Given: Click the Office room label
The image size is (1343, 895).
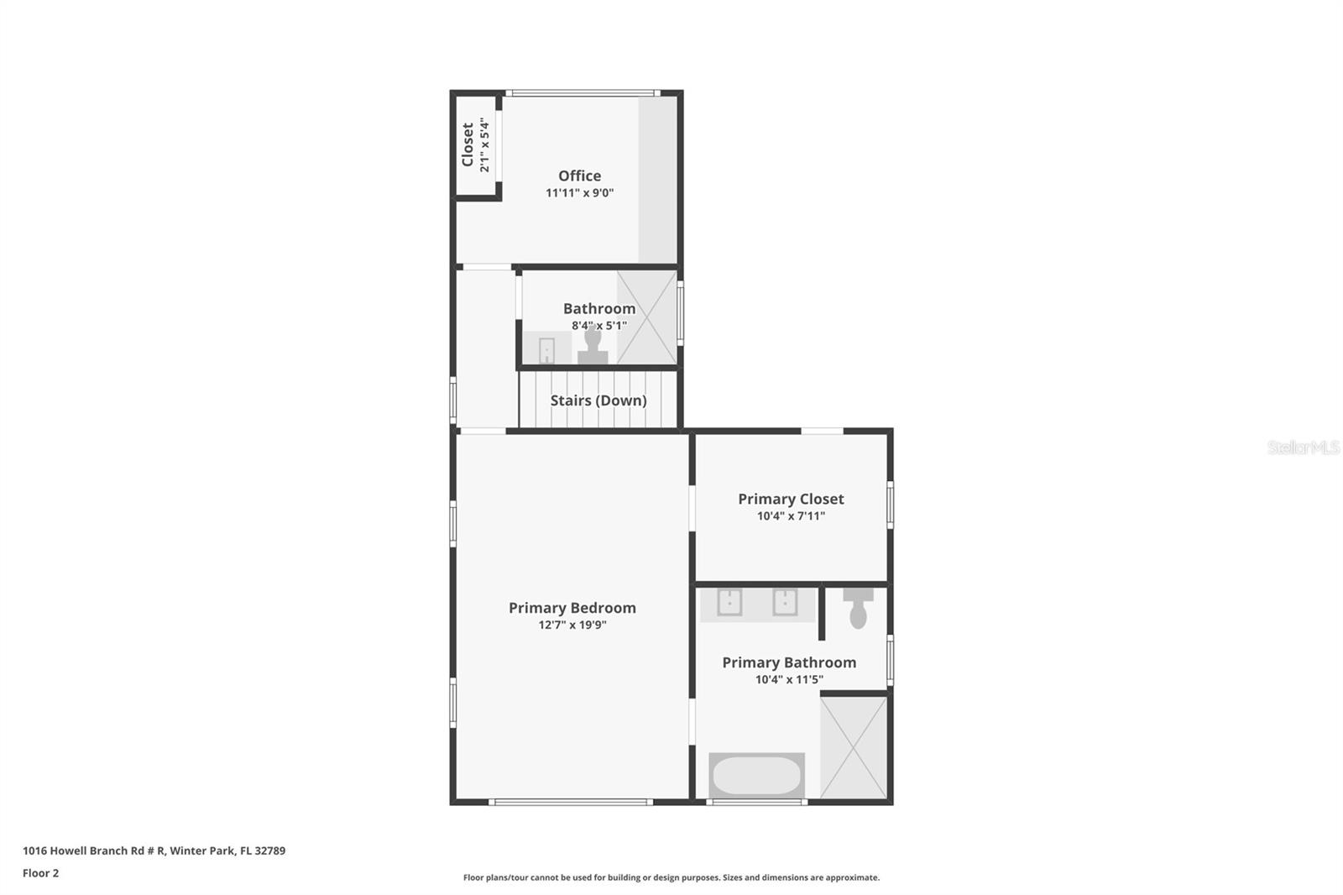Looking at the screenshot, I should (579, 175).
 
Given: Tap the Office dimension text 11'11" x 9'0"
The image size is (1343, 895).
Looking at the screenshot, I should (579, 193).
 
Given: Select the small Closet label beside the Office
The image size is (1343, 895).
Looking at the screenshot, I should (468, 144).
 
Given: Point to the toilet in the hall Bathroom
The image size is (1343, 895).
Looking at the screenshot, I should (593, 346).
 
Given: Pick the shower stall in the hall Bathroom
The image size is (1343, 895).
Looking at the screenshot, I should (647, 317).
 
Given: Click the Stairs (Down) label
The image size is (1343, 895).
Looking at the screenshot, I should (598, 400).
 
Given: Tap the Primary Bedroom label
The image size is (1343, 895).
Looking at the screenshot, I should (572, 608).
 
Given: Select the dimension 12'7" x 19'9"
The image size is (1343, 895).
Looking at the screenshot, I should (572, 625).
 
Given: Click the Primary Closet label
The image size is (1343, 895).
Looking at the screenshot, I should (791, 499).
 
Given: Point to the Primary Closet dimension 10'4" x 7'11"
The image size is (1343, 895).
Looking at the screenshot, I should (791, 516).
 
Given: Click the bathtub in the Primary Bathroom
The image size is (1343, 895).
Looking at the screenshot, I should (756, 776).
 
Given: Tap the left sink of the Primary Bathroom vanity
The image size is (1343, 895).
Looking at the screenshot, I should (729, 602).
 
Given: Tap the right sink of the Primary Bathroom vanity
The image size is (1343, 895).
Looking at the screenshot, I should (785, 602).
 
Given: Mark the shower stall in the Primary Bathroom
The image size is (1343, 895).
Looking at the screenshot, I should (853, 746).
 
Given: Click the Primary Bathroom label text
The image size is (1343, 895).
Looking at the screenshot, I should (789, 662).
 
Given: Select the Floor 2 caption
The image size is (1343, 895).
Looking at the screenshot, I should (40, 873).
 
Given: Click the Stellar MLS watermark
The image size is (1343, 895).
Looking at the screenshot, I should (1303, 447).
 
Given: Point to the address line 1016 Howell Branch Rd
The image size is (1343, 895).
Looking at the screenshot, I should (154, 851).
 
